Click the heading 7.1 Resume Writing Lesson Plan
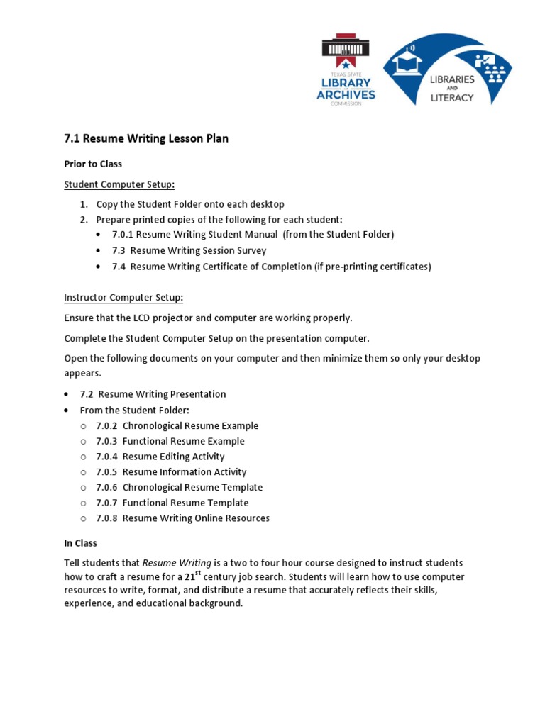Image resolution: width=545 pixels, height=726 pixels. [146, 138]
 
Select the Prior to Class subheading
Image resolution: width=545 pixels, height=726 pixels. [93, 164]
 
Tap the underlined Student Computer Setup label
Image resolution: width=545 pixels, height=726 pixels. [119, 184]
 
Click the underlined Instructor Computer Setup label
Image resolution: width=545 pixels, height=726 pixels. [123, 297]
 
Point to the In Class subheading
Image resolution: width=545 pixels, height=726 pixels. [80, 543]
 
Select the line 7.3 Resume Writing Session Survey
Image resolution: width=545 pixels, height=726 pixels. [189, 250]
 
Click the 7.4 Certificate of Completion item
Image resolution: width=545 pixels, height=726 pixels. [271, 267]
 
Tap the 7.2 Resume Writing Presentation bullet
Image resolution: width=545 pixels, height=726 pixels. [153, 394]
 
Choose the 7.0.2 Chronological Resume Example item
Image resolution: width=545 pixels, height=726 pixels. [177, 425]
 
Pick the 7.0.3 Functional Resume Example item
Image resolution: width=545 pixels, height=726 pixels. [170, 441]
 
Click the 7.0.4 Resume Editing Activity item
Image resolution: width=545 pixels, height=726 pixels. [160, 457]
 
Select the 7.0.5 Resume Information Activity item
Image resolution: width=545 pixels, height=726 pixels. [171, 471]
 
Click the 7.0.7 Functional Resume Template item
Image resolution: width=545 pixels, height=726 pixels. [172, 503]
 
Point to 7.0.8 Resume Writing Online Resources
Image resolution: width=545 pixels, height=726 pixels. [182, 518]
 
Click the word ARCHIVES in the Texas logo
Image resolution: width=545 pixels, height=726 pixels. [346, 95]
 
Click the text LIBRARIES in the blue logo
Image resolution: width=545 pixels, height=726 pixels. [452, 80]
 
